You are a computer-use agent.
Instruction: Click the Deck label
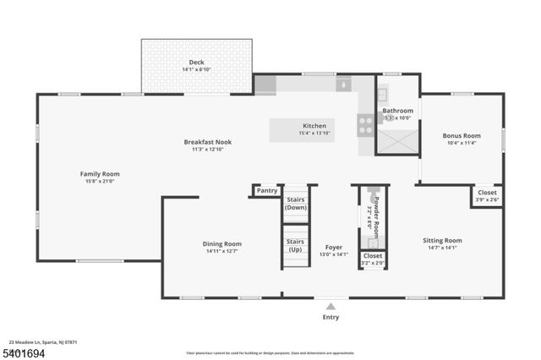[196, 62]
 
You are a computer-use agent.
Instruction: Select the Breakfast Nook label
[207, 142]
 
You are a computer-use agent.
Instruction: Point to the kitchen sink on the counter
[343, 85]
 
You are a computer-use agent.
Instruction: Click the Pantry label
[267, 190]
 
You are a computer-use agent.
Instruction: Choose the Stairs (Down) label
[296, 203]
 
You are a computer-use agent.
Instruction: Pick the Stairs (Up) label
[296, 245]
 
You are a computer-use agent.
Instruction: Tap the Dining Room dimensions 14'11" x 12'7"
[221, 251]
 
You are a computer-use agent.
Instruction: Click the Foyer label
[334, 247]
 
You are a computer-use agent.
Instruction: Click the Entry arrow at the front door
[331, 305]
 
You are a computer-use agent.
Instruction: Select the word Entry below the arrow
[331, 317]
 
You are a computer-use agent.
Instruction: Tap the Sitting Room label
[442, 241]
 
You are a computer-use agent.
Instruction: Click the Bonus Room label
[462, 135]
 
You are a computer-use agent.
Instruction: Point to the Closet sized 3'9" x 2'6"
[487, 195]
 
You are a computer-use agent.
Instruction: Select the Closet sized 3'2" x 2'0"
[372, 259]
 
